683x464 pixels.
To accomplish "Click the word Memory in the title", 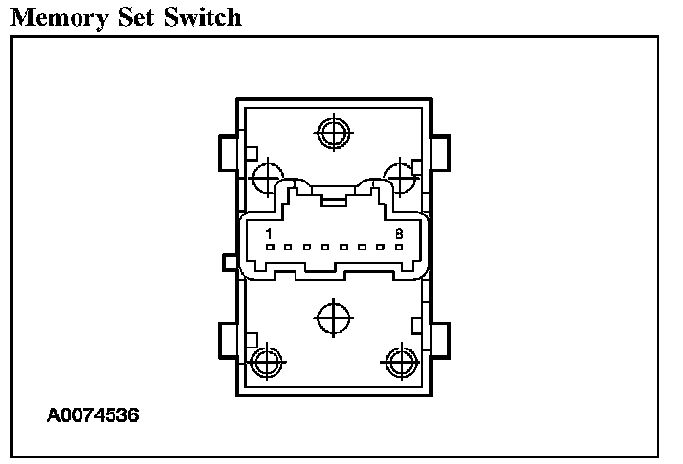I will pyautogui.click(x=61, y=17).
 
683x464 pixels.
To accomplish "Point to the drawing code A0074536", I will pyautogui.click(x=93, y=415).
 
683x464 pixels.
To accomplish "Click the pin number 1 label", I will pyautogui.click(x=269, y=234).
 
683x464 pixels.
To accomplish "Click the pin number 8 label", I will pyautogui.click(x=398, y=234).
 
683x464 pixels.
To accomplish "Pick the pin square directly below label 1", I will pyautogui.click(x=270, y=247).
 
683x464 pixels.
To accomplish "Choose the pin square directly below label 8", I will pyautogui.click(x=397, y=247).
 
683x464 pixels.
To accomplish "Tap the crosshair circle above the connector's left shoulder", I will pyautogui.click(x=267, y=177).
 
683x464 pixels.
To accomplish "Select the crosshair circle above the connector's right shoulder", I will pyautogui.click(x=399, y=177).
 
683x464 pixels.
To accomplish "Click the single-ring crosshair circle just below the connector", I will pyautogui.click(x=333, y=315).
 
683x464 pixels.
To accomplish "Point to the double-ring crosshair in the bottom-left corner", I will pyautogui.click(x=266, y=362).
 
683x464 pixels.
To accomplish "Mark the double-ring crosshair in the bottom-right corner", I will pyautogui.click(x=400, y=362).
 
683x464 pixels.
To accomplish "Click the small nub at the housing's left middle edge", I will pyautogui.click(x=230, y=262).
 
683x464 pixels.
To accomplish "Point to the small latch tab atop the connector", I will pyautogui.click(x=333, y=201).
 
